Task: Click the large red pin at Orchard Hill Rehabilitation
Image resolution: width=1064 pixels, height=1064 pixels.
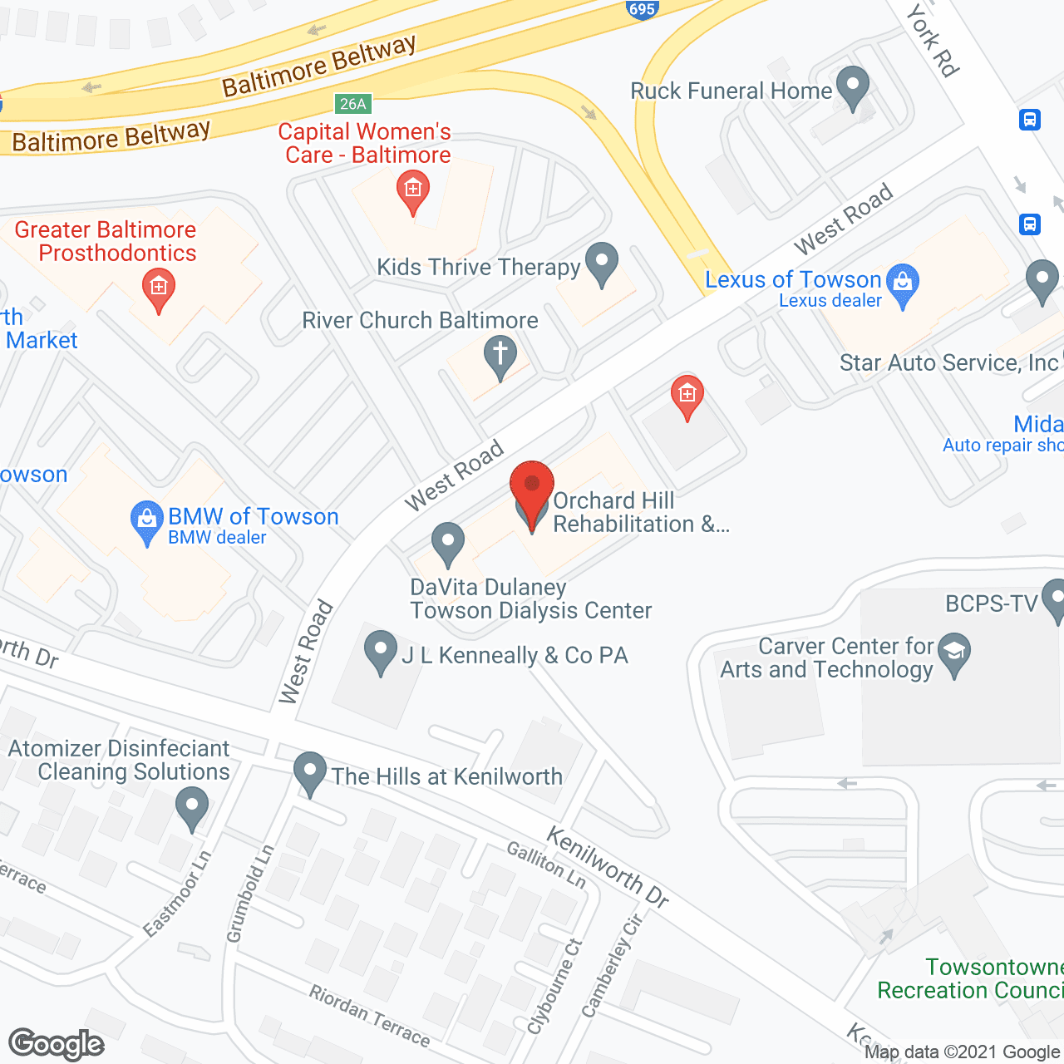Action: tap(532, 490)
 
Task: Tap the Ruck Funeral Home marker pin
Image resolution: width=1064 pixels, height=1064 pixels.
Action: tap(852, 86)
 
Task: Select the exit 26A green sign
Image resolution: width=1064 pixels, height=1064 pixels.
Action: tap(352, 104)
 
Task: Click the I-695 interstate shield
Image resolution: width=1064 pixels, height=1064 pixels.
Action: tap(642, 9)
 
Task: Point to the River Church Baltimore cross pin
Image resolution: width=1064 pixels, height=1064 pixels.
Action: tap(500, 356)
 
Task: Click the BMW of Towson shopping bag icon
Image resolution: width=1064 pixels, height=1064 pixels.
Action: tap(147, 521)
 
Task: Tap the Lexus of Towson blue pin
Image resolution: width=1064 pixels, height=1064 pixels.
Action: tap(903, 284)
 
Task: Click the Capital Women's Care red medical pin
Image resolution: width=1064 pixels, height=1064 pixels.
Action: tap(412, 190)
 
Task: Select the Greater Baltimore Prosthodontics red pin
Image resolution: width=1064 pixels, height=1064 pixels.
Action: tap(159, 288)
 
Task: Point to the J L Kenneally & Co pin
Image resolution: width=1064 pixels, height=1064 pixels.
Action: tap(381, 652)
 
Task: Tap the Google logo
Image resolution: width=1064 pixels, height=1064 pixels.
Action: tap(57, 1044)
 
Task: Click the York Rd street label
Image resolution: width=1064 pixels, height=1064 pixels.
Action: tap(933, 39)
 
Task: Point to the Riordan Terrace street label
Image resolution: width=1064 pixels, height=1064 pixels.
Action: tap(370, 1016)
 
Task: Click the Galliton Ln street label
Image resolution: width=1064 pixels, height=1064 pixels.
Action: tap(546, 864)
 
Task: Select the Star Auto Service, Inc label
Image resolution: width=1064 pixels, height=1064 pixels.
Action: tap(948, 363)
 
